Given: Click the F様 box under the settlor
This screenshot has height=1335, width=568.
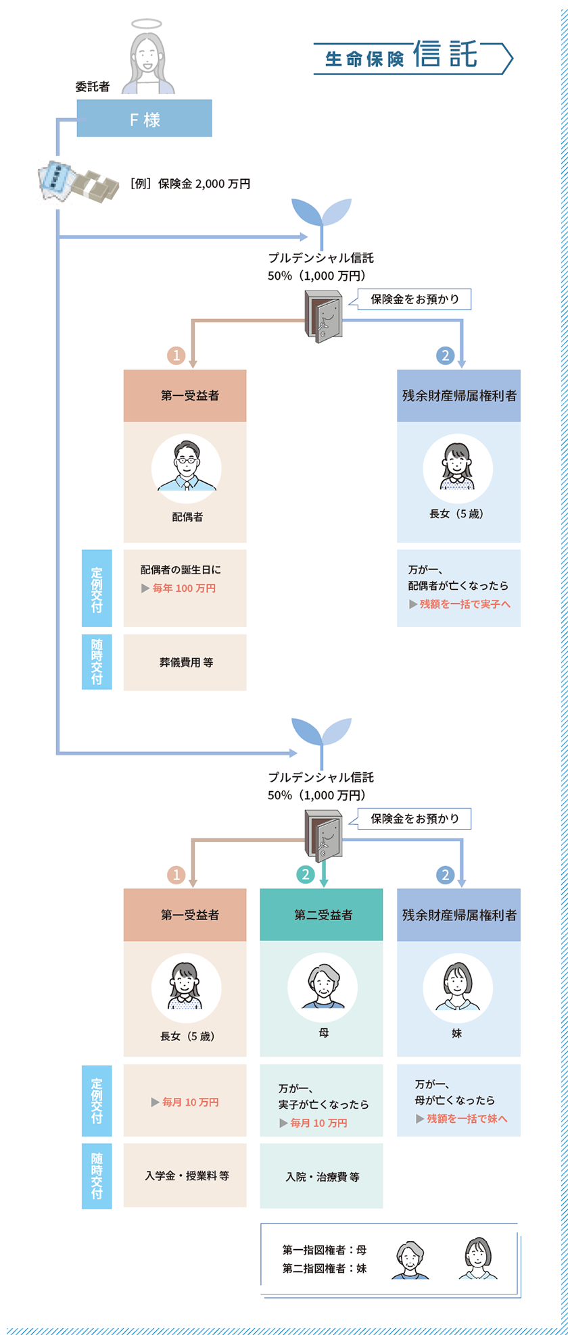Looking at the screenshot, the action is point(144,118).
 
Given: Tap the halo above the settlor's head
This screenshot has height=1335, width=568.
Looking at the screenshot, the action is point(147,24).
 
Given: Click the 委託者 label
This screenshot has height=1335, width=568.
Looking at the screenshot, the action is point(93,86).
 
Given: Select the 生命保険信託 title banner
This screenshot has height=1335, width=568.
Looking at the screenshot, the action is point(413,57).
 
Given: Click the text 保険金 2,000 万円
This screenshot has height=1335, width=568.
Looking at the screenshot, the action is point(204,184).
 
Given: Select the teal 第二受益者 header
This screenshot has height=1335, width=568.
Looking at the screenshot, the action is point(321,915).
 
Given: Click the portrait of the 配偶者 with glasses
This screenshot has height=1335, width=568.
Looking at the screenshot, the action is point(186,468).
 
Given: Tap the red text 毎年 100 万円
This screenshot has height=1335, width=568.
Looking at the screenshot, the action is point(184,588).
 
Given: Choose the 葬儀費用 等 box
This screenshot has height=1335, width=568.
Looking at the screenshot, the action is point(185,662).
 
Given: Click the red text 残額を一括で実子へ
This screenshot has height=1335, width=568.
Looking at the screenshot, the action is point(465,604).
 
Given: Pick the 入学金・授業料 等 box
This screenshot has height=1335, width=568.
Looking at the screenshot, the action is point(185,1176).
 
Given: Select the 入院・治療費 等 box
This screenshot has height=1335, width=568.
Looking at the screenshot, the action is point(321,1176).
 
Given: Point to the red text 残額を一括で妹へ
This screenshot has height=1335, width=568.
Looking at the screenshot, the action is point(467,1118).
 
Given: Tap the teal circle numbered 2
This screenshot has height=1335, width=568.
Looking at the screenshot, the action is point(306,874).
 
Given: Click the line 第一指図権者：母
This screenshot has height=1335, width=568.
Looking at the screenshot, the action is point(325,1250).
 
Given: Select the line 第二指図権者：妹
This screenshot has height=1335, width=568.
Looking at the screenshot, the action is point(325,1269).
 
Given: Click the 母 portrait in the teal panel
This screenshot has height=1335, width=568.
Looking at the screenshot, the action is point(323,988).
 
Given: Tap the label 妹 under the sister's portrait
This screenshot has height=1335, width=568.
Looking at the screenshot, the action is point(457,1034).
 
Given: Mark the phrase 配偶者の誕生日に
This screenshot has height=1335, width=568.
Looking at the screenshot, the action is point(181,570).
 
